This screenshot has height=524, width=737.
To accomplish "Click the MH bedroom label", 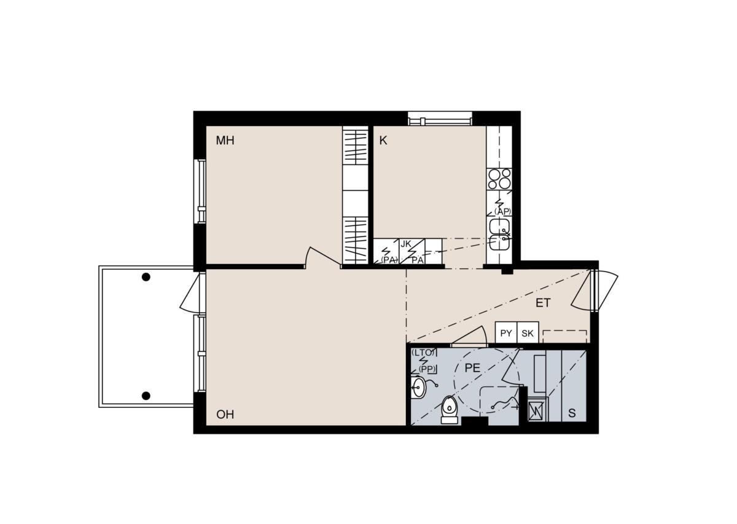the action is (225, 141).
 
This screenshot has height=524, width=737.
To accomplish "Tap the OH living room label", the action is (225, 415).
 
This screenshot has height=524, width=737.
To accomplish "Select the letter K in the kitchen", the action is (383, 141).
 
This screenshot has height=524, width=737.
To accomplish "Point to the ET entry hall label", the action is (543, 303).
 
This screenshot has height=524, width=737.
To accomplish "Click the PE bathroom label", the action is (472, 368).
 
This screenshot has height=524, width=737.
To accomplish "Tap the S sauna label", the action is (572, 413).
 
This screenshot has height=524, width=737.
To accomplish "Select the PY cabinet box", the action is (506, 332).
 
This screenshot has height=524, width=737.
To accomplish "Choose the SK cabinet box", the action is (528, 332).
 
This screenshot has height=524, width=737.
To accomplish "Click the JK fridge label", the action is (406, 244).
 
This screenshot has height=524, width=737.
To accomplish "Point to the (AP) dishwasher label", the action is (503, 212).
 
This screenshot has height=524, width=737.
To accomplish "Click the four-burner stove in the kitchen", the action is (499, 179).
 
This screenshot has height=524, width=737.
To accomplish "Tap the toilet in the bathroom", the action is (449, 410).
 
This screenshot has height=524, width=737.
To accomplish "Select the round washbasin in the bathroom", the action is (418, 388).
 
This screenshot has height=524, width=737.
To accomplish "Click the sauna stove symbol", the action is (536, 410).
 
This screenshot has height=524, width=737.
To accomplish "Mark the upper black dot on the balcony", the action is (146, 277).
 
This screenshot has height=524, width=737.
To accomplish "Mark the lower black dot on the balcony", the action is (146, 396).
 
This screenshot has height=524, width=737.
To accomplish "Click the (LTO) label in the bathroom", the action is (423, 353).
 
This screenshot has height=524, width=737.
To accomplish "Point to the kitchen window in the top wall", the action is (440, 119).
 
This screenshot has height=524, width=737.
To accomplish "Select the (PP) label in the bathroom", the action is (427, 369).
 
